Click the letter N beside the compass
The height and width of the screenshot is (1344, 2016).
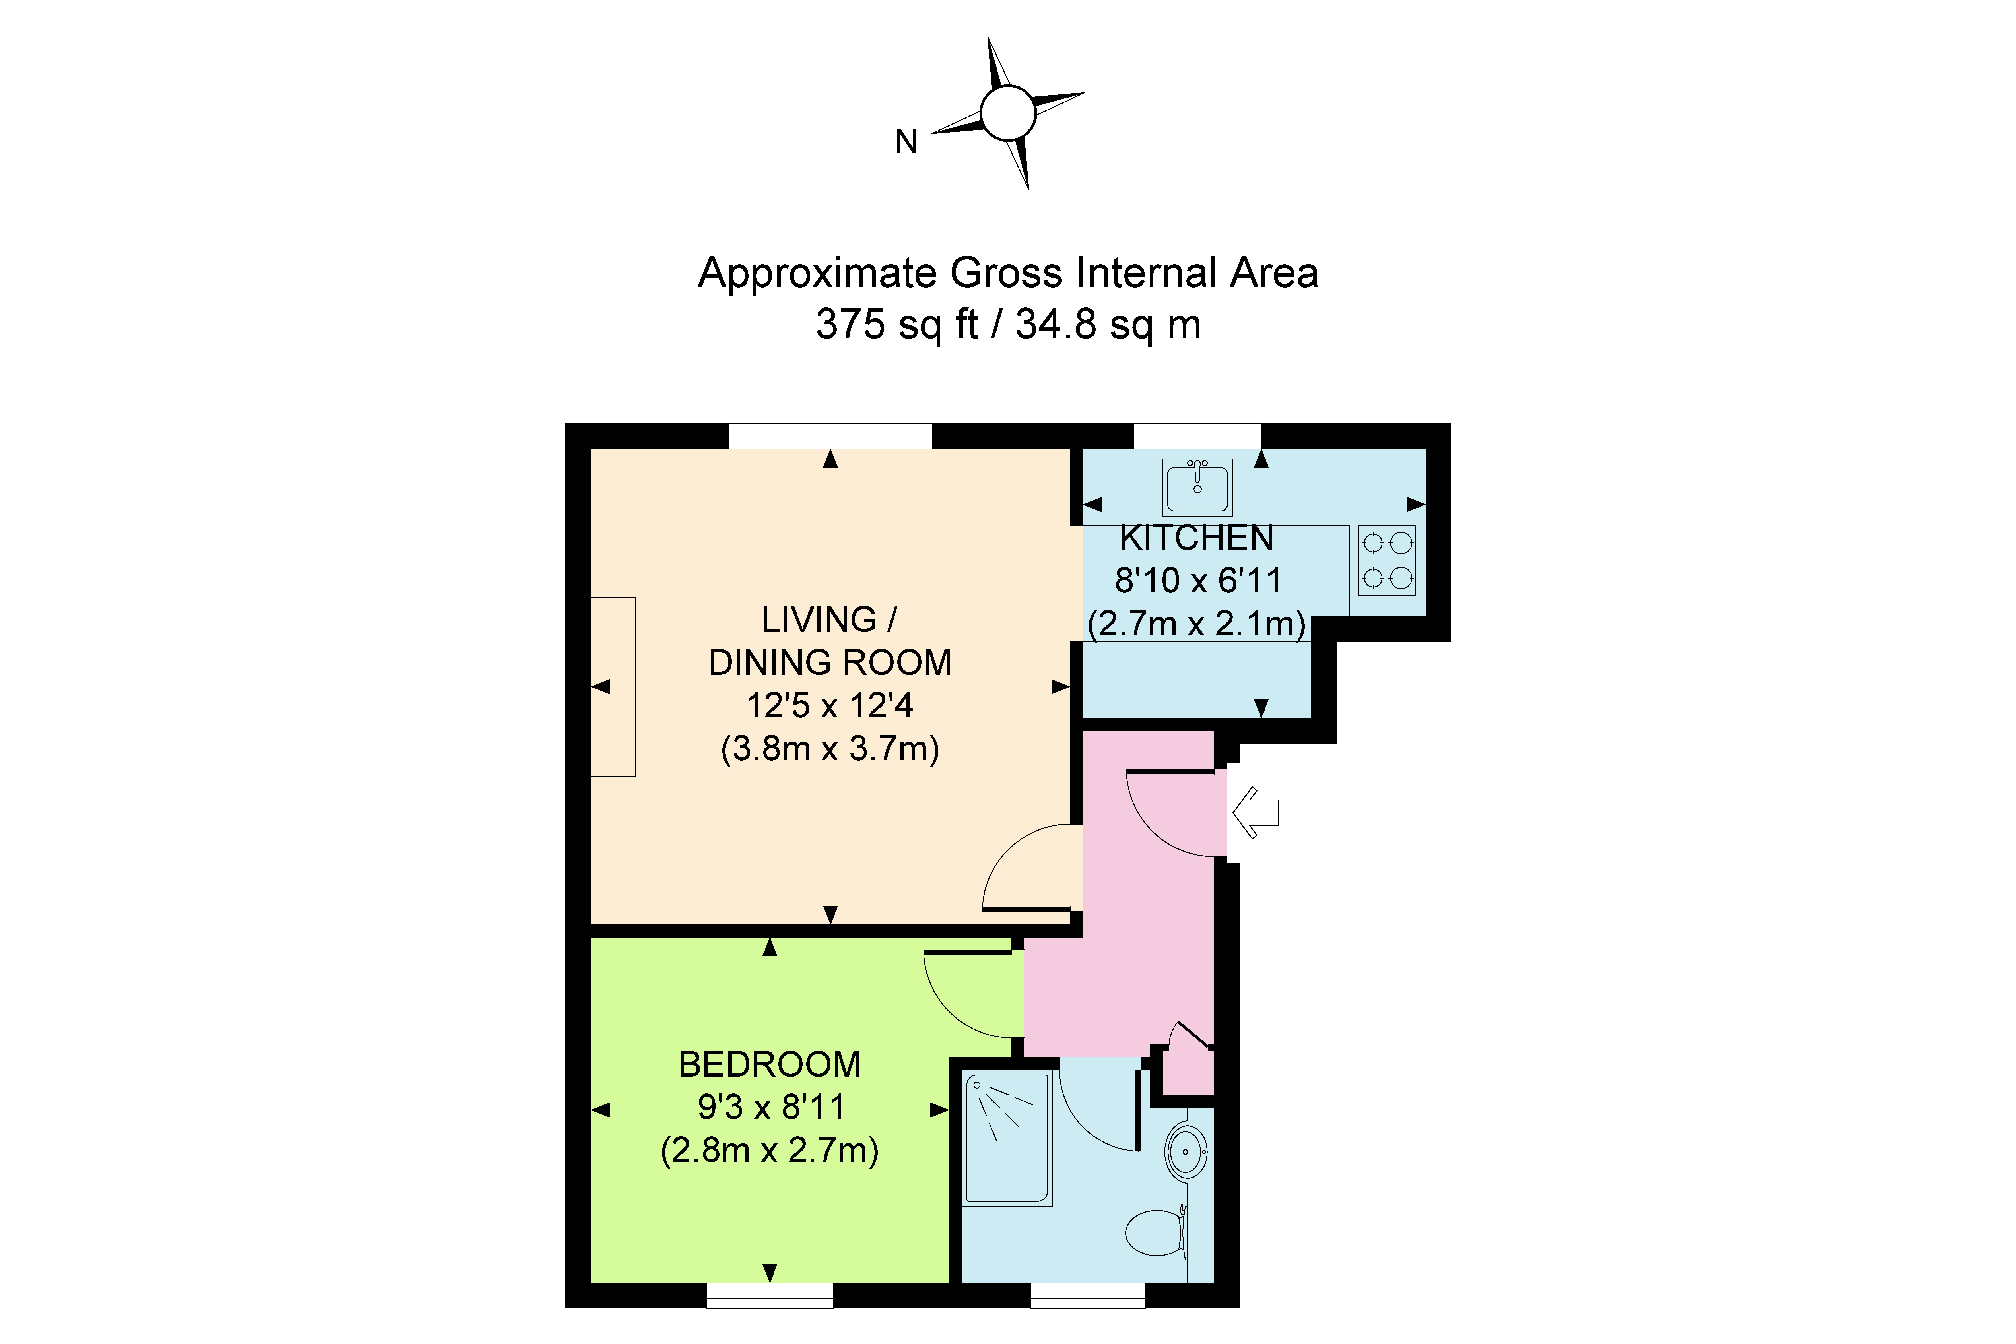tap(906, 141)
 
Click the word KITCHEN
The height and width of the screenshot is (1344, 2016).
tap(1197, 538)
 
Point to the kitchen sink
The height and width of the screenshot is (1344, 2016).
tap(1197, 486)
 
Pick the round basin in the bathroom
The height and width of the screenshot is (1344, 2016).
tap(1186, 1151)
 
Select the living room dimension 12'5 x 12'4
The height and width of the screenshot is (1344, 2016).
tap(830, 705)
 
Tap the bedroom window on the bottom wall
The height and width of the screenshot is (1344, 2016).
tap(770, 1295)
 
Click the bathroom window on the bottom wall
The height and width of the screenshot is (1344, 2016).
tap(1087, 1295)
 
